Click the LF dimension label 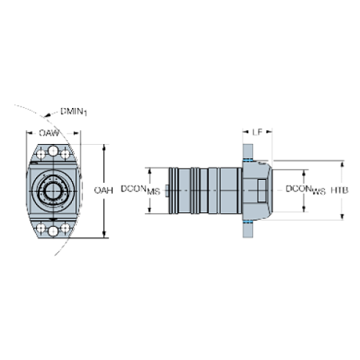pyautogui.click(x=257, y=133)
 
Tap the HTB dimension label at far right pyautogui.click(x=339, y=190)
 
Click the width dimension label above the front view pyautogui.click(x=50, y=133)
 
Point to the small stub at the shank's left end pyautogui.click(x=167, y=190)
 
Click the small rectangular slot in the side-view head pyautogui.click(x=267, y=190)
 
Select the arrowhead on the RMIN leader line pyautogui.click(x=48, y=115)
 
